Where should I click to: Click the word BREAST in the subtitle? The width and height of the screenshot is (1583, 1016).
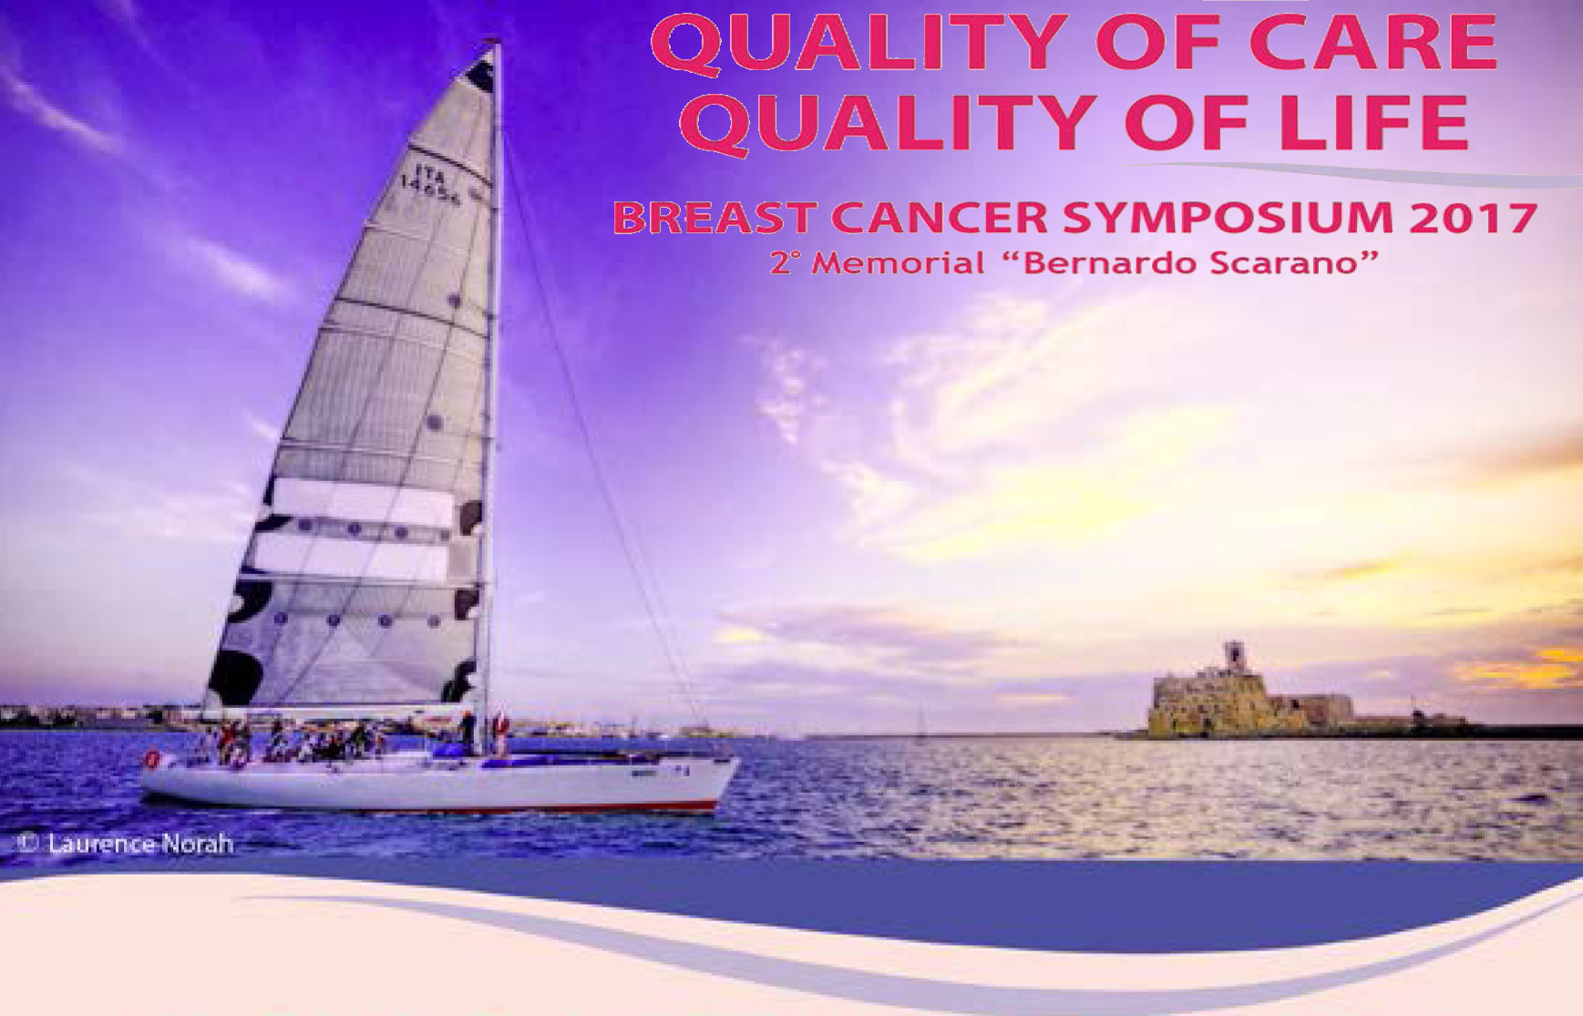[714, 218]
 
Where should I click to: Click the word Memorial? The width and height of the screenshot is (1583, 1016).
[898, 263]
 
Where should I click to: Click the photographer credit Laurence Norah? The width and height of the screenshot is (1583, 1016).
[140, 844]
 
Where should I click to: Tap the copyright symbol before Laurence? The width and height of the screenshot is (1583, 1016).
[28, 844]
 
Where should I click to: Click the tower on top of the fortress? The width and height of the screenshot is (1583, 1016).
[1233, 657]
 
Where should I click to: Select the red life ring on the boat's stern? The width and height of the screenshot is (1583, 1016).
[152, 759]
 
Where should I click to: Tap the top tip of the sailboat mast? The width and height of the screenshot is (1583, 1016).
[495, 40]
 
